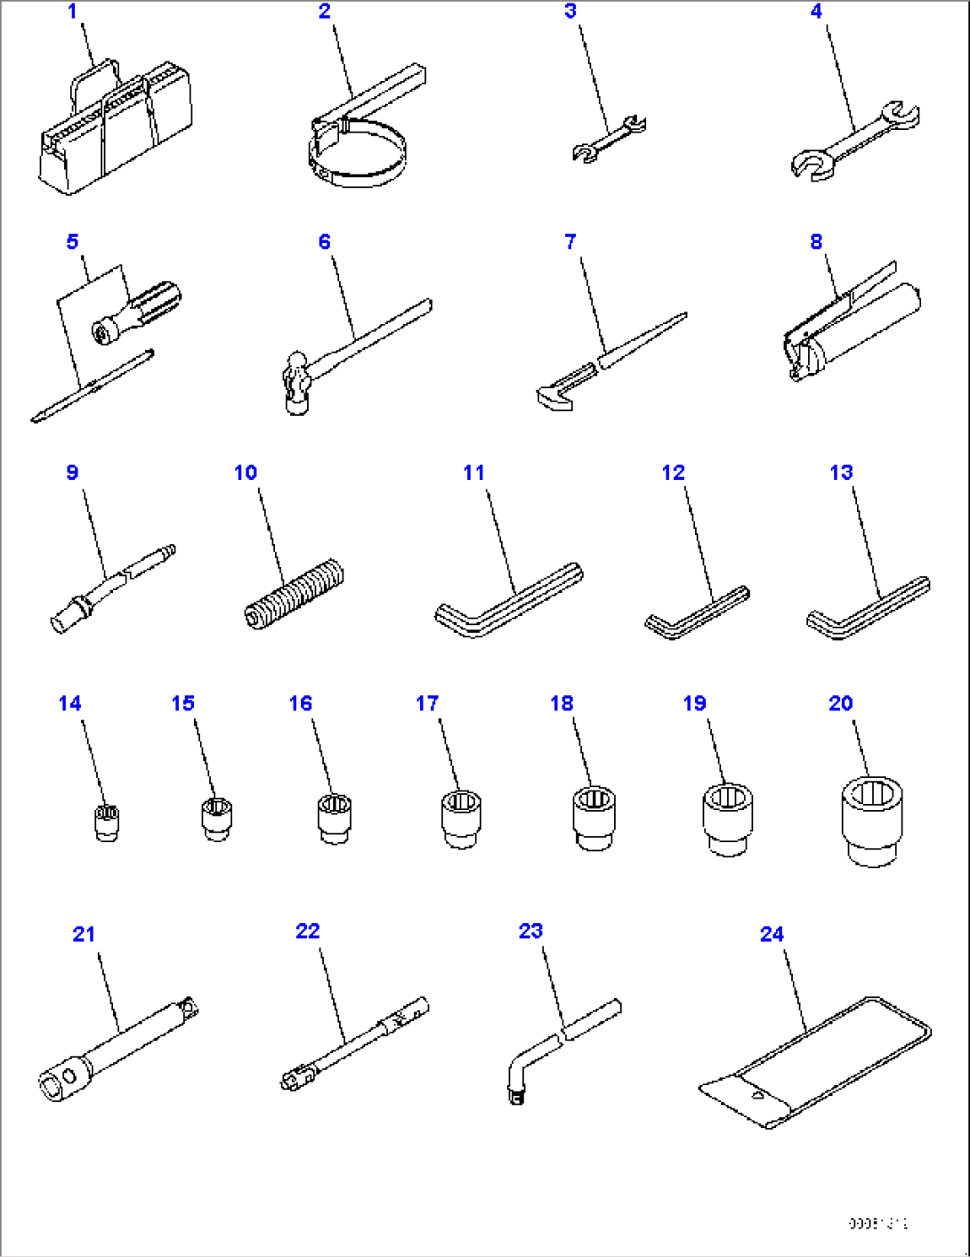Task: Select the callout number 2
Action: point(324,12)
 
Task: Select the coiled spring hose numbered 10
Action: point(294,595)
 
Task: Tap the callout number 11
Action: point(473,473)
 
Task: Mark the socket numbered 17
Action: point(461,818)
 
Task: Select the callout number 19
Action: point(694,703)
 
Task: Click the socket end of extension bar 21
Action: point(61,1079)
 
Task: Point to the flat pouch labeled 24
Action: point(814,1064)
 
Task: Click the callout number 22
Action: point(307,931)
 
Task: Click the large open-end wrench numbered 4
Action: point(854,140)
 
